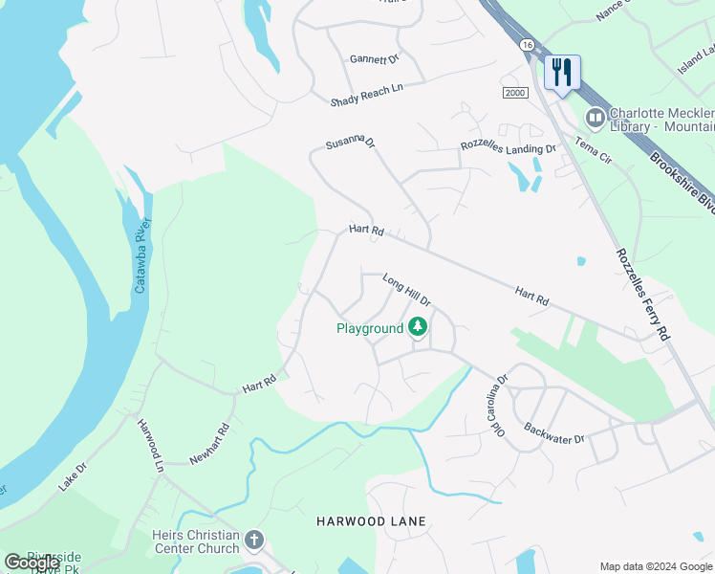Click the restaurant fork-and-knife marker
pyautogui.click(x=562, y=72)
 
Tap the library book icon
pyautogui.click(x=596, y=118)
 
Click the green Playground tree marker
pyautogui.click(x=418, y=327)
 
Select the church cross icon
pyautogui.click(x=254, y=540)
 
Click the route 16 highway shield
pyautogui.click(x=527, y=45)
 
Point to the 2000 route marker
pyautogui.click(x=514, y=92)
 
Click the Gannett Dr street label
pyautogui.click(x=374, y=58)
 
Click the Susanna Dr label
pyautogui.click(x=350, y=143)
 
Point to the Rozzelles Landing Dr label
pyautogui.click(x=508, y=148)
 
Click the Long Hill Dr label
pyautogui.click(x=407, y=290)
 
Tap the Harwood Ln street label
pyautogui.click(x=151, y=446)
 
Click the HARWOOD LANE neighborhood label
pyautogui.click(x=371, y=521)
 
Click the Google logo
pyautogui.click(x=31, y=563)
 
